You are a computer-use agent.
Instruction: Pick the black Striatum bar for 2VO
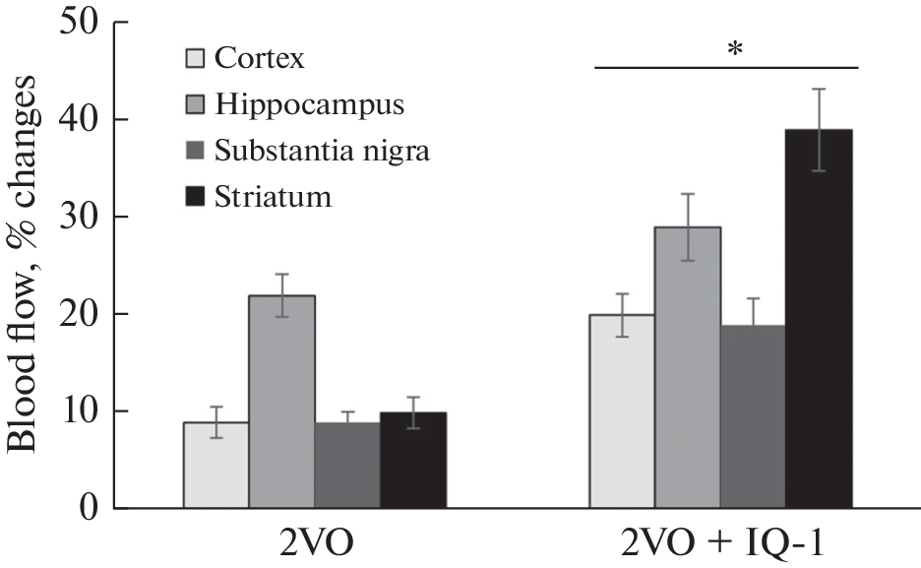click(x=413, y=463)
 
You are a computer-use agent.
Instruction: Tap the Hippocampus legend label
click(x=294, y=103)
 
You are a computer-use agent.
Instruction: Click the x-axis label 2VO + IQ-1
click(x=727, y=545)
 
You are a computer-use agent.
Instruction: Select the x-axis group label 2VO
click(x=315, y=545)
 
